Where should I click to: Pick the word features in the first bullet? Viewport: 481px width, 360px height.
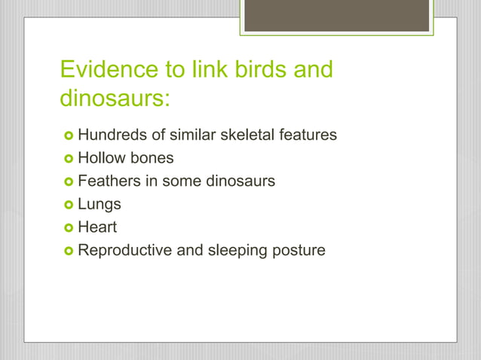click(309, 136)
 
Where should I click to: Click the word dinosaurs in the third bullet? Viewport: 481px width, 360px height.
click(238, 182)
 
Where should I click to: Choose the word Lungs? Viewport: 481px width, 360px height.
click(100, 204)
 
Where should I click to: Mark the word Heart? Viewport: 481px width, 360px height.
click(98, 227)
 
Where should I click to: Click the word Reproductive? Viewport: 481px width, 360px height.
click(125, 250)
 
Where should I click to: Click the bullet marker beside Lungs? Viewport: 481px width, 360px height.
click(67, 204)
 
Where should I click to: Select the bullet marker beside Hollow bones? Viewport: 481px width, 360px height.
click(67, 158)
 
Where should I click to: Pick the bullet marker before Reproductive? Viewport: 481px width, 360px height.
click(67, 250)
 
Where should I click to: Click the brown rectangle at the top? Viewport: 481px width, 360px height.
click(336, 15)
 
